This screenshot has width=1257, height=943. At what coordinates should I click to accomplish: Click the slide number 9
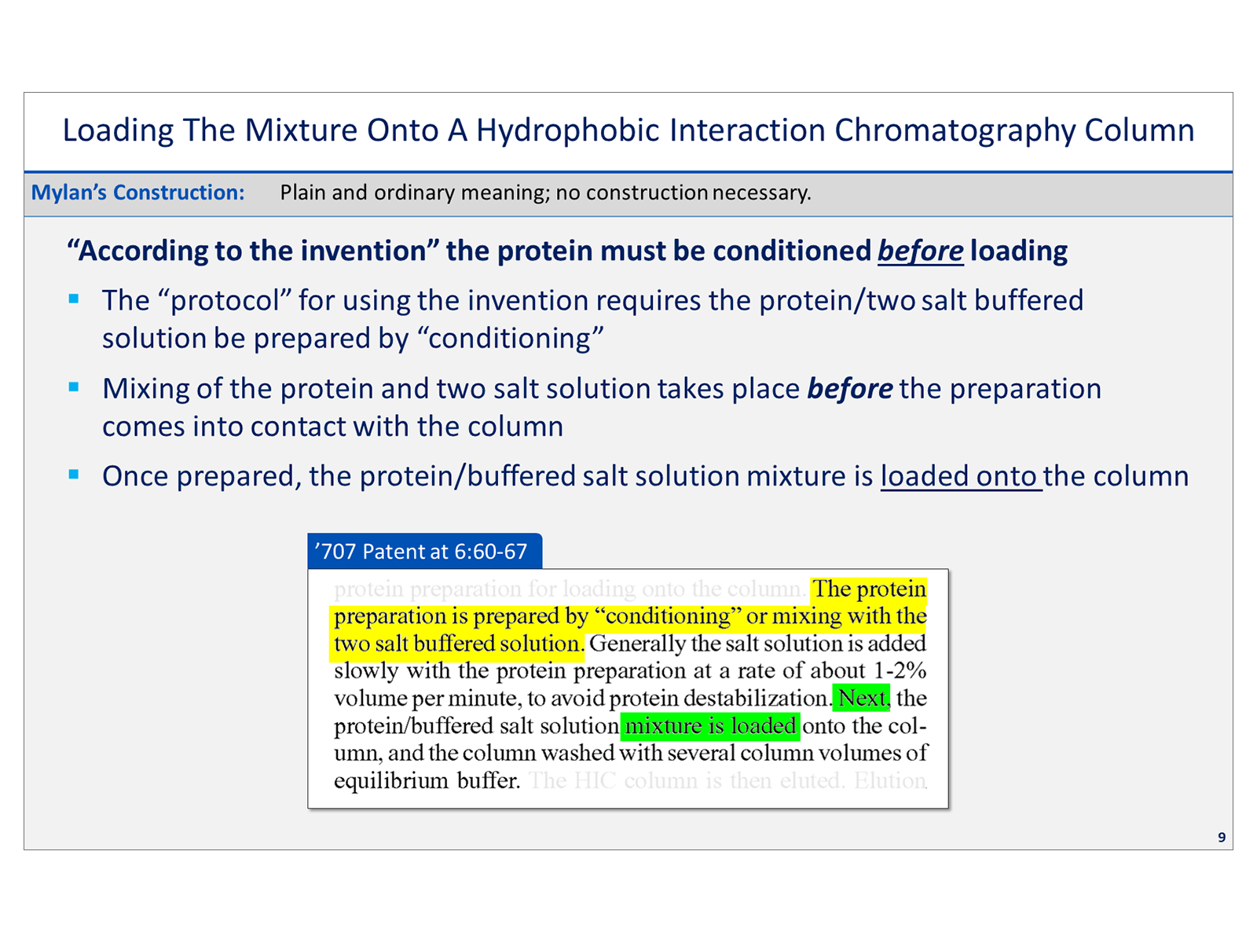coord(1221,837)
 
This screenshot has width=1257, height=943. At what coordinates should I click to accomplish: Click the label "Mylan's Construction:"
coord(137,193)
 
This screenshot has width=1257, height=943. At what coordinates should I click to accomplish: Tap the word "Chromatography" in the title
coord(954,130)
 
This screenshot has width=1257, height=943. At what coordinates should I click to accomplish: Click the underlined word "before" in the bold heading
coord(920,251)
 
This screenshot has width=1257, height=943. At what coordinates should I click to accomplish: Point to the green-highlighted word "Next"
coord(862,698)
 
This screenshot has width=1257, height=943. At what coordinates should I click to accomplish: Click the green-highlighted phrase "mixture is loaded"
coord(710,725)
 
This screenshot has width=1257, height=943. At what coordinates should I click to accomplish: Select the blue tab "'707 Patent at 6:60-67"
coord(423,551)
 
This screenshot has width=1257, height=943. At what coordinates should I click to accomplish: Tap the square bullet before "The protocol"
coord(74,299)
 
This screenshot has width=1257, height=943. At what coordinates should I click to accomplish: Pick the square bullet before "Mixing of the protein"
coord(74,387)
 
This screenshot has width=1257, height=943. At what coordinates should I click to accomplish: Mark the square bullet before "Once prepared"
coord(74,475)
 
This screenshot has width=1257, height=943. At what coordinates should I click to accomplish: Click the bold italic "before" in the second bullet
coord(849,389)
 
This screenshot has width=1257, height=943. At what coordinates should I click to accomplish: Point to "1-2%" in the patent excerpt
coord(900,670)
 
